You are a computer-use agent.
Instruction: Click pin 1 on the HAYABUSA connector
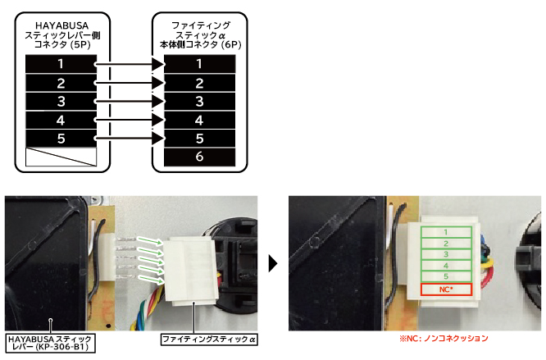61,64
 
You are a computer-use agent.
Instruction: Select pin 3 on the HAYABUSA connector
61,102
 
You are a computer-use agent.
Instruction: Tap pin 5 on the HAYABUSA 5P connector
61,139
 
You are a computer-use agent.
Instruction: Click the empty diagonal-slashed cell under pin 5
61,157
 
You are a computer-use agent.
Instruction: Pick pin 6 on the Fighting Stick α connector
199,157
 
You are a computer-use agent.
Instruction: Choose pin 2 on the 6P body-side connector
199,83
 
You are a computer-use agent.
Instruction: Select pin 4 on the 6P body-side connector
199,120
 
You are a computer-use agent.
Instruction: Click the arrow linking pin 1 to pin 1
130,64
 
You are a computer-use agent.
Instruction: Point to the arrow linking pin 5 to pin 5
130,139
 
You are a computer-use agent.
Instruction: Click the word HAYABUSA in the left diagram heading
62,25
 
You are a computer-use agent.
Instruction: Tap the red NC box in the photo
446,289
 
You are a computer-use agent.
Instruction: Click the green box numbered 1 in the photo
446,232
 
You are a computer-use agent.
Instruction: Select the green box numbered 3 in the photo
446,254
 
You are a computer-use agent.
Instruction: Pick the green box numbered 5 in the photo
446,276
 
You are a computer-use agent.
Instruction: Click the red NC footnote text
444,338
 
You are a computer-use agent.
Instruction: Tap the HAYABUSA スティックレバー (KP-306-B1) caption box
50,343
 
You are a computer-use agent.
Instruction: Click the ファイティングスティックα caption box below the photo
209,339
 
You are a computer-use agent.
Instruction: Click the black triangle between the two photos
273,263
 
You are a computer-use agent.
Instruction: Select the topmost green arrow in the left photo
149,240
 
